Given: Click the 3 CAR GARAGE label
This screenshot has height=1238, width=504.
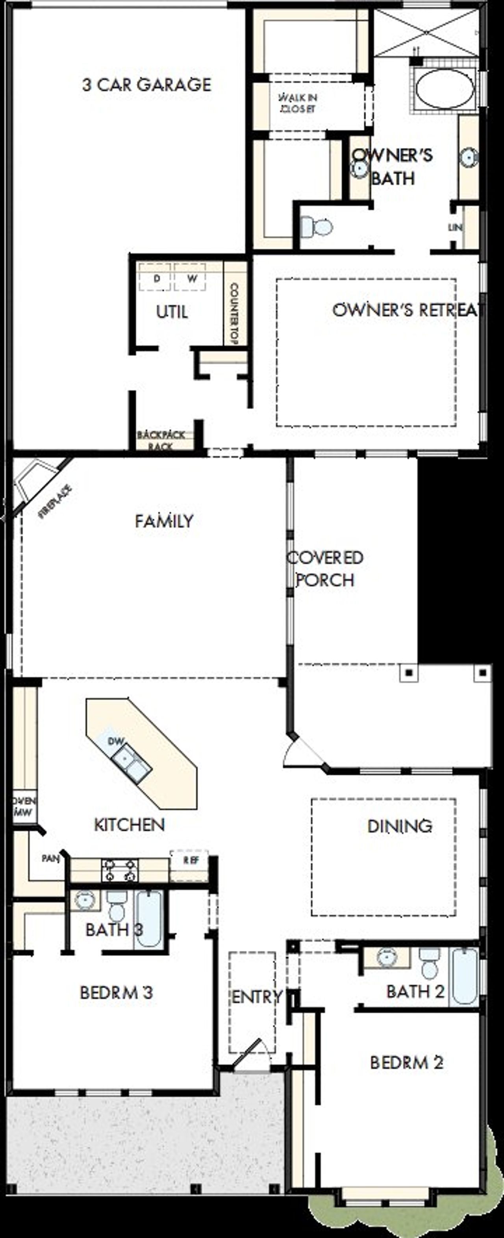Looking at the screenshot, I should [x=147, y=85].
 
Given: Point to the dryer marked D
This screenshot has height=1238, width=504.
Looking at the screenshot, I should [x=156, y=278].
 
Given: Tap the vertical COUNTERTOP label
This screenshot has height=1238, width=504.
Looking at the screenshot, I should [x=235, y=314].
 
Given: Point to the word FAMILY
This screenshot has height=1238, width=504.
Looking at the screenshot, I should [x=164, y=521].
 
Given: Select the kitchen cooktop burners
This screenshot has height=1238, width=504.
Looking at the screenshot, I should [x=119, y=870].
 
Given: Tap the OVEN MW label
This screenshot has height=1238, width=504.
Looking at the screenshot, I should [x=24, y=806].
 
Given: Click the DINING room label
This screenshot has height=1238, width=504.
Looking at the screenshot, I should [x=399, y=826].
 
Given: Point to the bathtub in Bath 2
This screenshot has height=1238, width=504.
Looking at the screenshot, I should [x=465, y=976].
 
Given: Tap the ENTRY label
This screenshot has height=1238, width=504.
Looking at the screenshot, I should [x=256, y=997].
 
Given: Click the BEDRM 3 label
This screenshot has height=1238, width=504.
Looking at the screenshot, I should [x=117, y=993].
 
